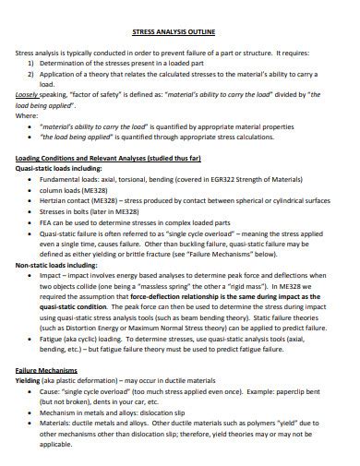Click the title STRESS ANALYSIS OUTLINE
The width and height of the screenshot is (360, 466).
(180, 31)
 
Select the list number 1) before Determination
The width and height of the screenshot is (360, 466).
(30, 64)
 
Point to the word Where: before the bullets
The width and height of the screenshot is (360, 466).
(27, 115)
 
